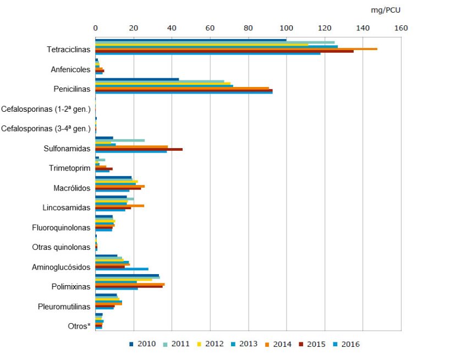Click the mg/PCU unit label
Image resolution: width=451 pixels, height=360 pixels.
[x=386, y=10]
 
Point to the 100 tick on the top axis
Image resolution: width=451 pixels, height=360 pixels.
[x=286, y=28]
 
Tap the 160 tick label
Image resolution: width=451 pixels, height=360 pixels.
[x=400, y=28]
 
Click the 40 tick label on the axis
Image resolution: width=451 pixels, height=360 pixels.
[x=172, y=28]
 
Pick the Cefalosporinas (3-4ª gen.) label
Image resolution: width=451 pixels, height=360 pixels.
[x=46, y=129]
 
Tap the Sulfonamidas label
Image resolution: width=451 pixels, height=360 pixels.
[x=67, y=149]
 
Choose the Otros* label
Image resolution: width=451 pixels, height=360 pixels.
[x=79, y=326]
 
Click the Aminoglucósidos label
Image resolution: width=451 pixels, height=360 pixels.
[x=62, y=267]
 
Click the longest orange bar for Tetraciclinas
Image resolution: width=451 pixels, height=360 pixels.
[x=237, y=49]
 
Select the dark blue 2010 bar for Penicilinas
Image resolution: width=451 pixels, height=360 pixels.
[x=137, y=79]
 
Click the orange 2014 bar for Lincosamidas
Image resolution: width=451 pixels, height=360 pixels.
[x=119, y=206]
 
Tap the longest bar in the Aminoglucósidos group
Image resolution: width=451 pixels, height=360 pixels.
[x=122, y=269]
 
